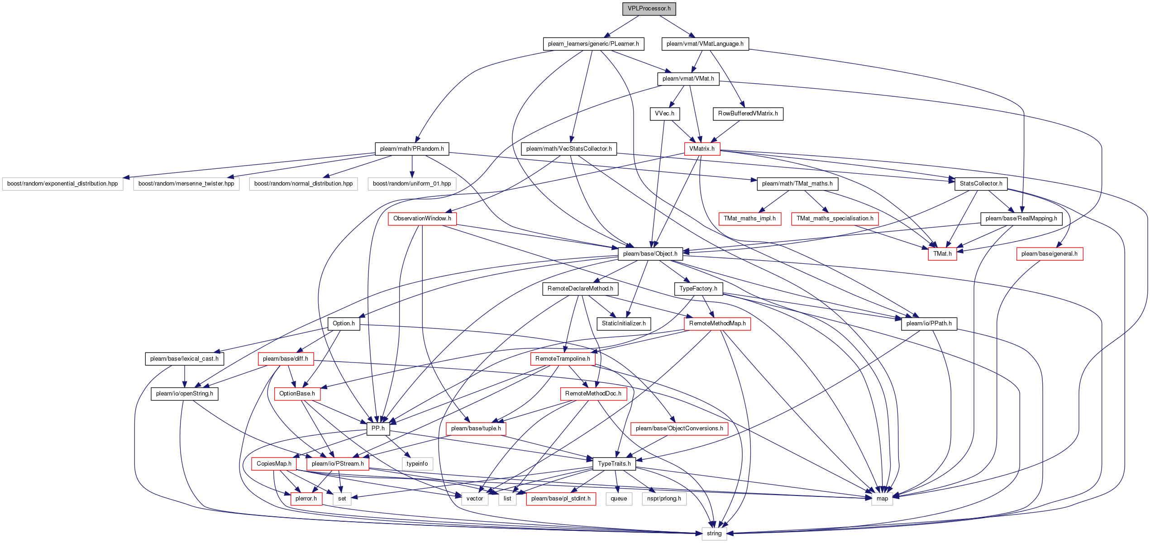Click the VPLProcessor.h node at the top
pyautogui.click(x=649, y=9)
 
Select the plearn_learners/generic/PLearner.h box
pyautogui.click(x=593, y=44)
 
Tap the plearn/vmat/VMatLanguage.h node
pyautogui.click(x=705, y=44)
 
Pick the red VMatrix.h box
pyautogui.click(x=702, y=149)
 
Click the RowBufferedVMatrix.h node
pyautogui.click(x=748, y=114)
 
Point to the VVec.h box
pyautogui.click(x=664, y=114)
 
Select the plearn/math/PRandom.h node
pyautogui.click(x=412, y=149)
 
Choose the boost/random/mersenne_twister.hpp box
pyautogui.click(x=186, y=184)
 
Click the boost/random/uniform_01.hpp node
pyautogui.click(x=412, y=184)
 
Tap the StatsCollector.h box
pyautogui.click(x=981, y=184)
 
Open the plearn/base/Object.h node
pyautogui.click(x=650, y=254)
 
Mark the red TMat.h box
pyautogui.click(x=942, y=254)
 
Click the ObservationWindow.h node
pyautogui.click(x=422, y=219)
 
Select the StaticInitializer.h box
pyautogui.click(x=624, y=324)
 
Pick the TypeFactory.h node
pyautogui.click(x=698, y=289)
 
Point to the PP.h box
pyautogui.click(x=378, y=429)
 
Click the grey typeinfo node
pyautogui.click(x=417, y=464)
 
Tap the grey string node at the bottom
pyautogui.click(x=714, y=533)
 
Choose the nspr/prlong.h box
pyautogui.click(x=664, y=499)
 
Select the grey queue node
pyautogui.click(x=619, y=499)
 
